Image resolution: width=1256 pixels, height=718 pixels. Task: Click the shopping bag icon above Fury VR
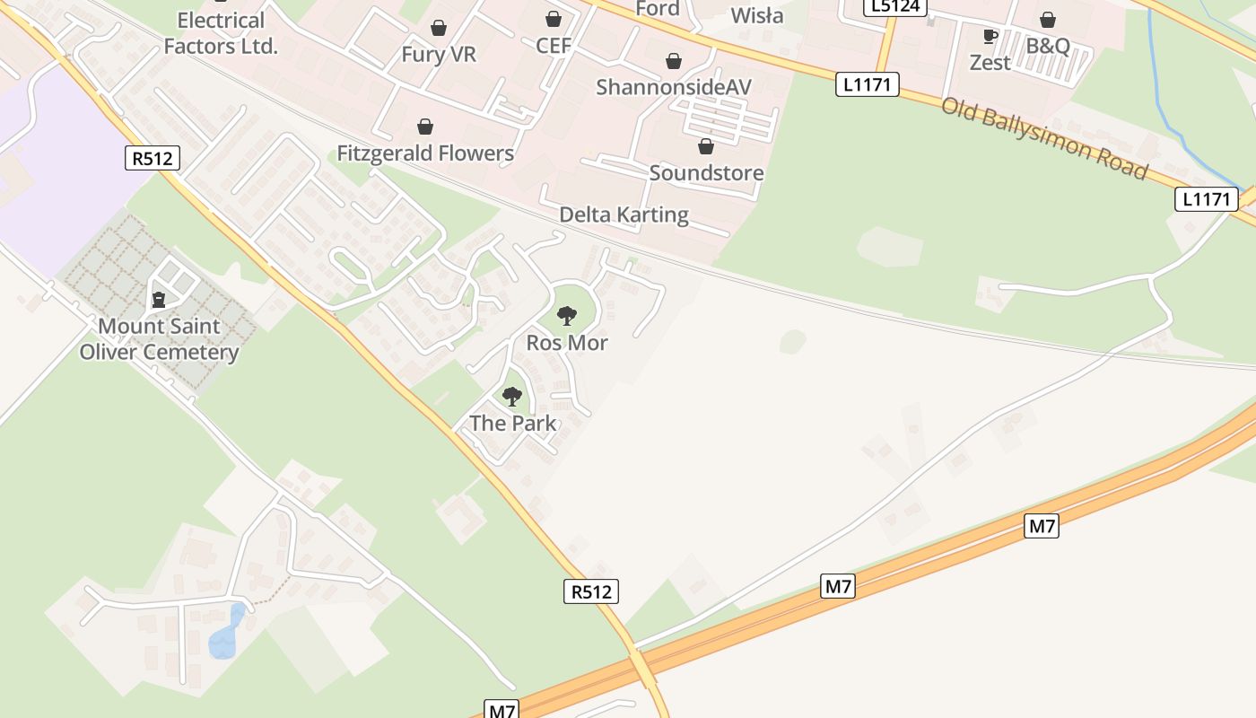click(439, 28)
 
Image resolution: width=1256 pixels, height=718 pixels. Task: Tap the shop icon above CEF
click(554, 19)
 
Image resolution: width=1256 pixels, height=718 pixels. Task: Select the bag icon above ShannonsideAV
click(674, 61)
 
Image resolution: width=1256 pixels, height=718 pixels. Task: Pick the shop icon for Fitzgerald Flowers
click(425, 127)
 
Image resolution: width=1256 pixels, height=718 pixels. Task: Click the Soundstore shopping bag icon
click(706, 146)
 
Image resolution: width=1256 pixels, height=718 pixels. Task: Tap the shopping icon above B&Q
click(1048, 20)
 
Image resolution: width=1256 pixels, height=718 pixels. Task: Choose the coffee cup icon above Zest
click(990, 37)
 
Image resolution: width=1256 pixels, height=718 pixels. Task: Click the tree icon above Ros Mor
click(567, 315)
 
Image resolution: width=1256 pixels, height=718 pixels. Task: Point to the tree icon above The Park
click(512, 396)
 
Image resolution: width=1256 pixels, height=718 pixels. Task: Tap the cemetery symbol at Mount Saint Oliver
click(159, 299)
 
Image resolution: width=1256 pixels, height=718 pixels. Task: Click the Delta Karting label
click(624, 215)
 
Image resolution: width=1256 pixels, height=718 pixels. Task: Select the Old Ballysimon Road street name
click(1044, 137)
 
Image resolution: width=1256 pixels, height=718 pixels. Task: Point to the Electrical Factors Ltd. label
click(222, 33)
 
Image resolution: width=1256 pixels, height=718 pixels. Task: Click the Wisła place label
click(756, 15)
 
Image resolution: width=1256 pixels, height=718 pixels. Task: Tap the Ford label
click(658, 9)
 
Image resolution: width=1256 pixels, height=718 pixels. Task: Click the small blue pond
click(226, 634)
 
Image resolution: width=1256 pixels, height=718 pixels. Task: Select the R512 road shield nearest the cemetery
click(153, 159)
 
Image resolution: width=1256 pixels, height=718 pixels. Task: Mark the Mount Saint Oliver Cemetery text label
click(159, 339)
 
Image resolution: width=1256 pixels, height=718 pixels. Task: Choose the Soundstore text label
click(706, 173)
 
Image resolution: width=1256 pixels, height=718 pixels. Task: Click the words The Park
click(512, 424)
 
